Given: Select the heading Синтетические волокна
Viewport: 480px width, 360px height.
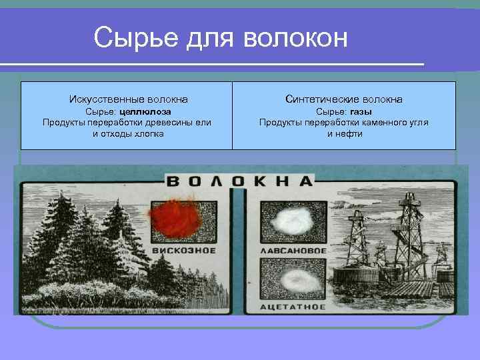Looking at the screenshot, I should [x=343, y=99].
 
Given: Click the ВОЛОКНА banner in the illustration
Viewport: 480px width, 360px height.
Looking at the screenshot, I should [x=239, y=181].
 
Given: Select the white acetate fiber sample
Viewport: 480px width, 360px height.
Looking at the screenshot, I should [x=291, y=278].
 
